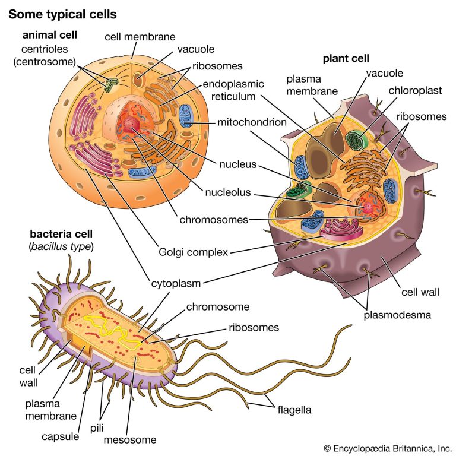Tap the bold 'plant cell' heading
(x=346, y=58)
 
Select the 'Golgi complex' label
(x=193, y=252)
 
